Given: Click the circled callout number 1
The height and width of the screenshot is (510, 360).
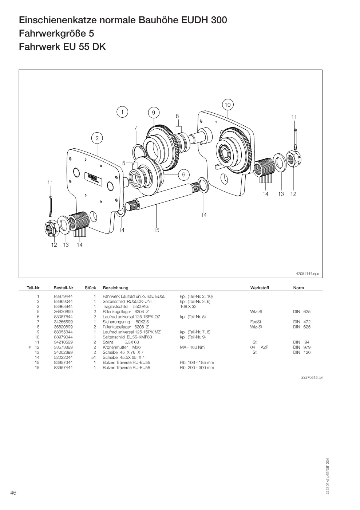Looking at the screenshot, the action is [x=122, y=112].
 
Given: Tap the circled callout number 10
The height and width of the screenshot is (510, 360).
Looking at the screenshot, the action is [x=228, y=105].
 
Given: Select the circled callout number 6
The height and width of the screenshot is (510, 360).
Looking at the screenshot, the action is [x=184, y=174].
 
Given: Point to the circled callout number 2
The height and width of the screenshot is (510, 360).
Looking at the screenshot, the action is [x=97, y=138].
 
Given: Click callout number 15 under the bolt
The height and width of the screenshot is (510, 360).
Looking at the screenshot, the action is [x=156, y=230].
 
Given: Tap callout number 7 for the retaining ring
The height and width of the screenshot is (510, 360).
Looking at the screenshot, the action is [x=136, y=127].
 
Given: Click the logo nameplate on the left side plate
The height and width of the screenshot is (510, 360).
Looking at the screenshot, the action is [x=93, y=179].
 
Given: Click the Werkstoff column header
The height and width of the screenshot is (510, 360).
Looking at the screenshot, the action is [x=260, y=288].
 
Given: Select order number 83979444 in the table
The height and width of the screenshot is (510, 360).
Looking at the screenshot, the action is [x=63, y=297].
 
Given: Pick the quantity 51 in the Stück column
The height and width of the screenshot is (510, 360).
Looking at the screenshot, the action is [x=94, y=357].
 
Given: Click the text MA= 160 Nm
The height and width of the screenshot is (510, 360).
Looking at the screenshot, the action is [x=192, y=347].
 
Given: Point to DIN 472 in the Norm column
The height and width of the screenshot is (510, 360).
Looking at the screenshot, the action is [x=302, y=322].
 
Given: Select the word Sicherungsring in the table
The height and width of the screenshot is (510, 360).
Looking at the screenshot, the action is [x=116, y=322].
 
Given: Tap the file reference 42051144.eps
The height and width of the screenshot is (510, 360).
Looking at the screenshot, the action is [x=308, y=274].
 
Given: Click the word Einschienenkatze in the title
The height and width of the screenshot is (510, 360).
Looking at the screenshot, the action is [x=58, y=20].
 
